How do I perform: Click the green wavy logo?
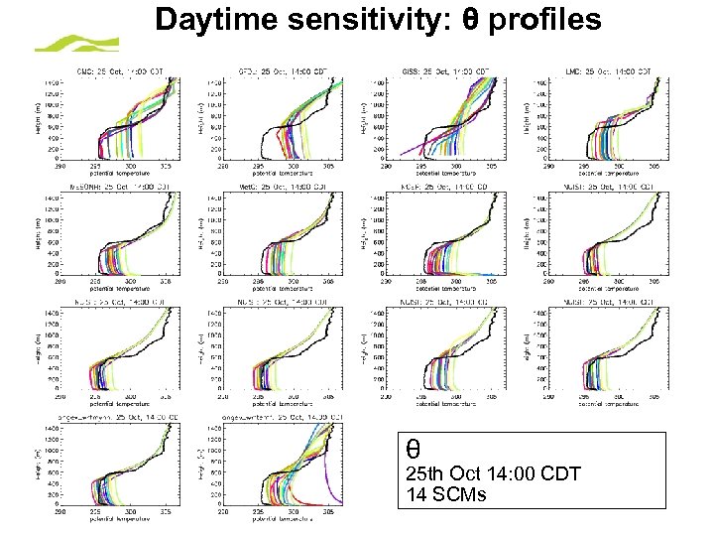tap(77, 43)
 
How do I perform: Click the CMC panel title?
tap(115, 71)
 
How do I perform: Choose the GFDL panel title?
tap(269, 71)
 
